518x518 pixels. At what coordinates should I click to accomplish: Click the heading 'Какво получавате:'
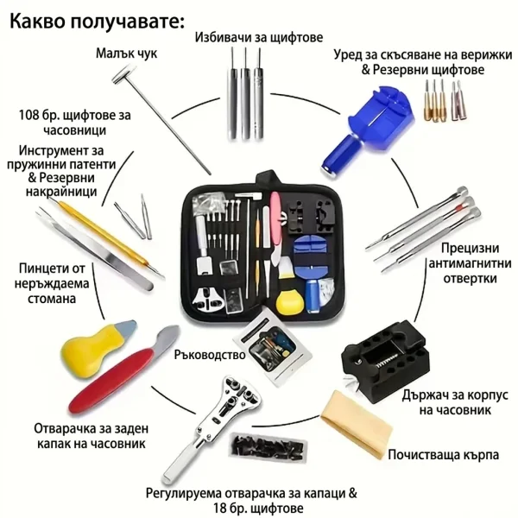click(x=97, y=22)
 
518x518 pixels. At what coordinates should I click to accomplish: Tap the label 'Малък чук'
click(x=127, y=54)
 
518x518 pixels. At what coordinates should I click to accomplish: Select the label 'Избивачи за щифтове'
click(x=259, y=37)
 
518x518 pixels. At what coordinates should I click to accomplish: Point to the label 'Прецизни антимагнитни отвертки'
click(x=470, y=263)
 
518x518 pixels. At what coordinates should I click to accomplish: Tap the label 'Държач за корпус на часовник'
click(x=455, y=402)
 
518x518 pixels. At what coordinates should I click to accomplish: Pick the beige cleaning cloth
click(x=357, y=426)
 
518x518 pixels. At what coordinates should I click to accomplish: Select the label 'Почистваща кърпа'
click(x=443, y=455)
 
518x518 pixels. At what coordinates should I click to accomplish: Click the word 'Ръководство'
click(x=210, y=355)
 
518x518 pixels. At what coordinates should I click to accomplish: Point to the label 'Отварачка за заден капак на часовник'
click(x=92, y=436)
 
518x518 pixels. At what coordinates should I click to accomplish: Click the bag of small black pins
click(x=268, y=447)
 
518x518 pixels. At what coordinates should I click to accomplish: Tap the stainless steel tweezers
click(x=96, y=250)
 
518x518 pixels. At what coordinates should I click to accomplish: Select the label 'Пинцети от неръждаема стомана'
click(x=52, y=284)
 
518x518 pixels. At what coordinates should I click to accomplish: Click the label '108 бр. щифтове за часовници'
click(x=74, y=123)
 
